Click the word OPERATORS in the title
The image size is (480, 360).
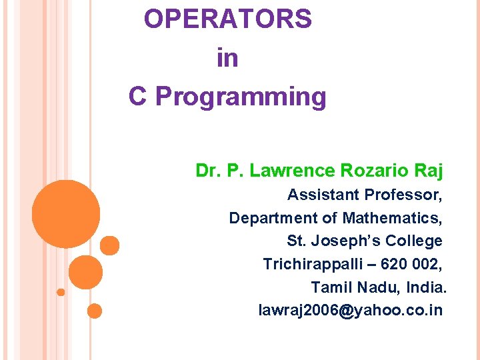227,19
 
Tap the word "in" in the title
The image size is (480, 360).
227,58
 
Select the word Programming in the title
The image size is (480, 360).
241,97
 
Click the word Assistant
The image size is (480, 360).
323,195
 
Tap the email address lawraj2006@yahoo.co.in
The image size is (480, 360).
350,311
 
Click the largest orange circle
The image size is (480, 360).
66,214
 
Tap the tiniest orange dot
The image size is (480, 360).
61,292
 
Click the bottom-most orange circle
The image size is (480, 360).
95,311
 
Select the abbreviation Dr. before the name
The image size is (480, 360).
209,171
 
